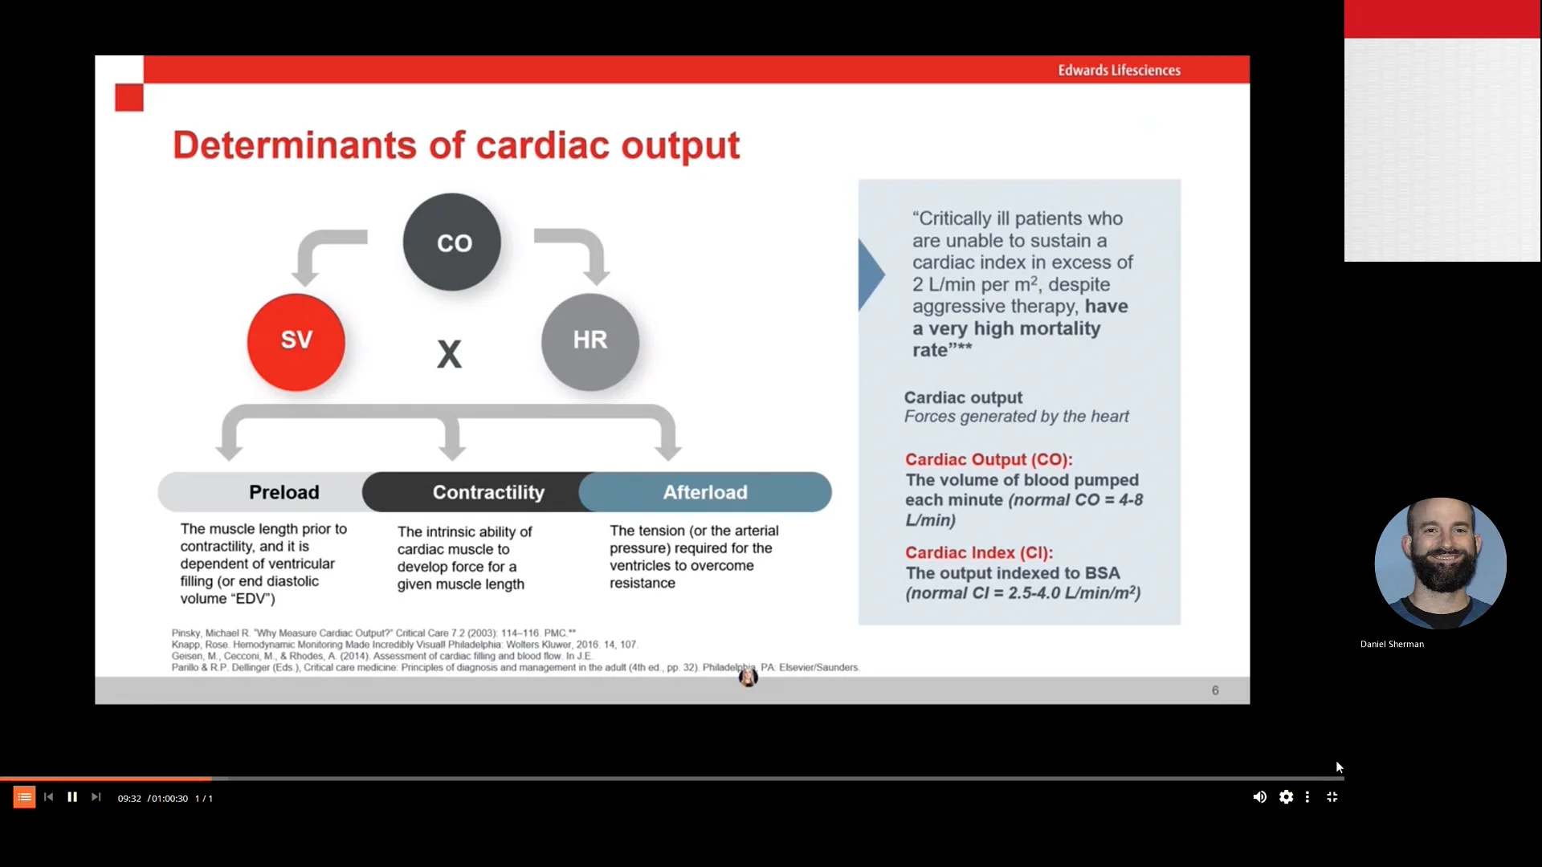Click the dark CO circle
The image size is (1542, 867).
pyautogui.click(x=452, y=242)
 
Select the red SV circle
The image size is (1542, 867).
pyautogui.click(x=296, y=342)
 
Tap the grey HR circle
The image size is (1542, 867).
pyautogui.click(x=590, y=342)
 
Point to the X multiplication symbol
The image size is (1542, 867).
pyautogui.click(x=449, y=354)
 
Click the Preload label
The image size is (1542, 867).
pyautogui.click(x=284, y=492)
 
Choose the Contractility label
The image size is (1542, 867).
pyautogui.click(x=488, y=492)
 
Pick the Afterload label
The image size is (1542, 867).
pyautogui.click(x=704, y=492)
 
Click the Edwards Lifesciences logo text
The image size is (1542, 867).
pyautogui.click(x=1119, y=71)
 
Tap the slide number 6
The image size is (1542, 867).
pyautogui.click(x=1215, y=690)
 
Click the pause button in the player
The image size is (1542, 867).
pyautogui.click(x=72, y=797)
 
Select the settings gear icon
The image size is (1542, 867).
pyautogui.click(x=1286, y=797)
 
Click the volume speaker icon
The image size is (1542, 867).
pyautogui.click(x=1259, y=797)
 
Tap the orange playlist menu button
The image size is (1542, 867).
pyautogui.click(x=24, y=797)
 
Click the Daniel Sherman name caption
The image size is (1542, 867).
pyautogui.click(x=1392, y=644)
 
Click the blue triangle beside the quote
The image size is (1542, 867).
pyautogui.click(x=870, y=275)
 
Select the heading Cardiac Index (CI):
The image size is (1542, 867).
pyautogui.click(x=978, y=552)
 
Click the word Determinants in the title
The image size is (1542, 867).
pyautogui.click(x=294, y=145)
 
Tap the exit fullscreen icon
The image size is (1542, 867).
pyautogui.click(x=1332, y=797)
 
